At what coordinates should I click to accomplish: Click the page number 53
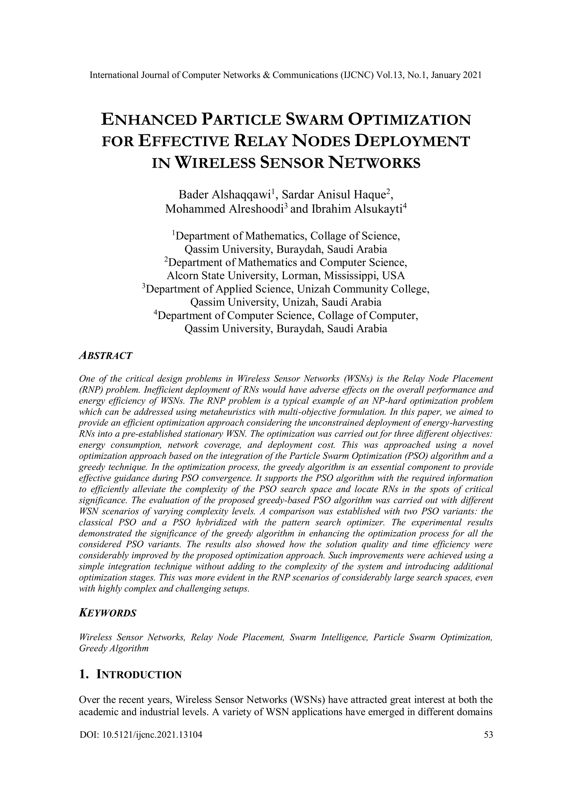tap(488, 735)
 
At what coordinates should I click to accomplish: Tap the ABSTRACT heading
tap(106, 356)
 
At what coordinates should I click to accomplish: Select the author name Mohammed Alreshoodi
tap(224, 209)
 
